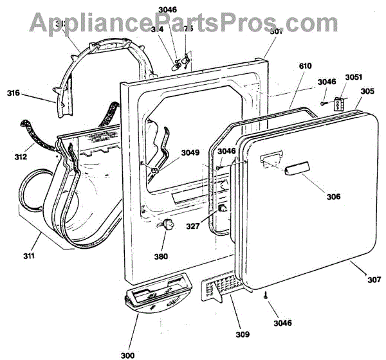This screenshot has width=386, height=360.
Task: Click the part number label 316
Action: (13, 93)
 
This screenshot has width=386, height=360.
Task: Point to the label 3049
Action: (190, 152)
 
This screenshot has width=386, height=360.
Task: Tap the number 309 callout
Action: (242, 334)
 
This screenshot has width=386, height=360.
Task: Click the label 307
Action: (374, 280)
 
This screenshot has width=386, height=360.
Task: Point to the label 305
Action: (367, 91)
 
